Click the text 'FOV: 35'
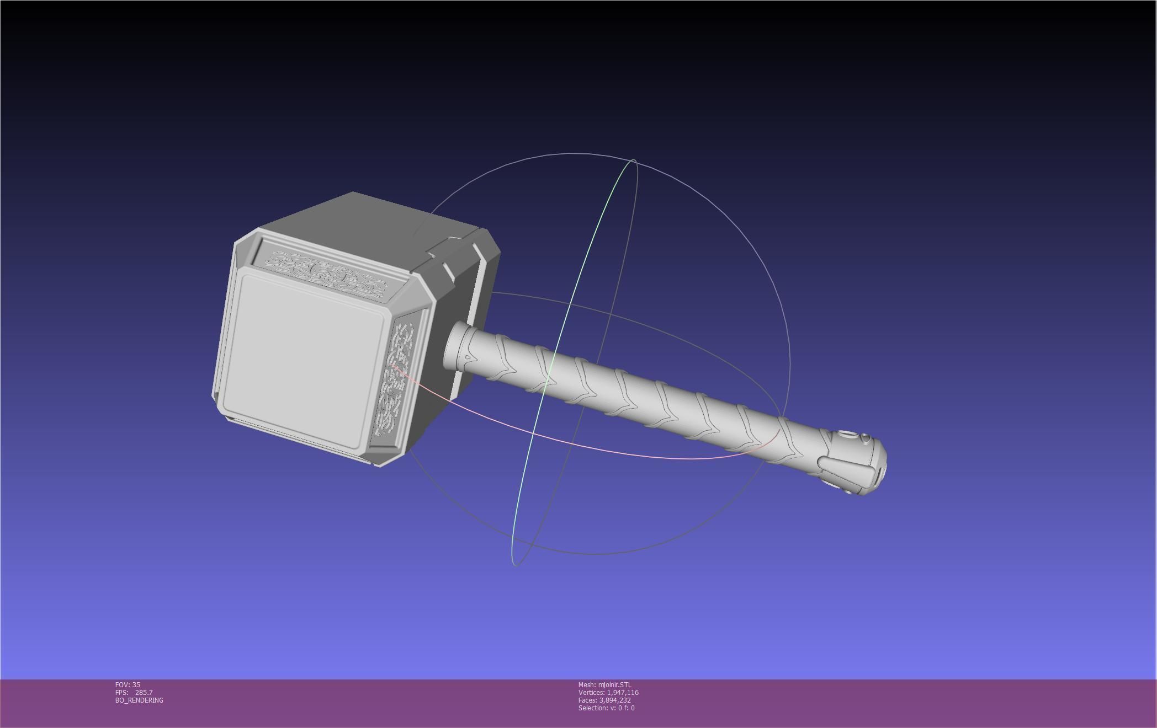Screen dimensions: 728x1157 128,684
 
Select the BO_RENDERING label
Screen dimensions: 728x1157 139,700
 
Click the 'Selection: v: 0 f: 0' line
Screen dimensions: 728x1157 606,708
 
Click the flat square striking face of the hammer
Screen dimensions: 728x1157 304,358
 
